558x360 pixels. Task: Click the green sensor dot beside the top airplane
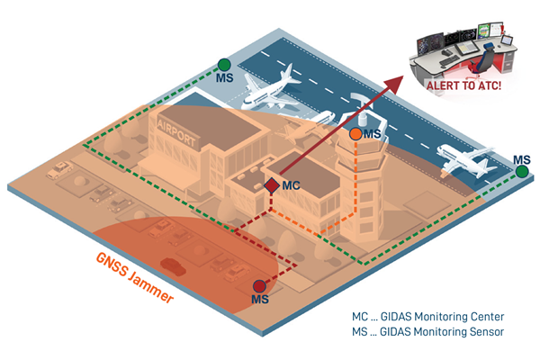pyautogui.click(x=224, y=65)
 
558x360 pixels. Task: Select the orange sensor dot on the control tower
pyautogui.click(x=355, y=134)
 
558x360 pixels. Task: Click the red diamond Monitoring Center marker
pyautogui.click(x=271, y=185)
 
